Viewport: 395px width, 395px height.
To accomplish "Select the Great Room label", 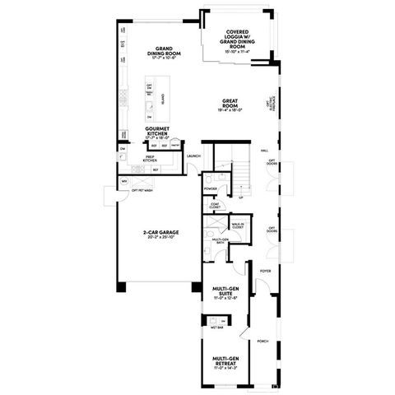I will [230, 102].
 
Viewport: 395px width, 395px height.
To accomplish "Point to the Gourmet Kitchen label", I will [157, 131].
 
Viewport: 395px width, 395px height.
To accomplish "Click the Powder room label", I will [211, 188].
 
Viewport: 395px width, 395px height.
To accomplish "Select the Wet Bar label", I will [216, 325].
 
